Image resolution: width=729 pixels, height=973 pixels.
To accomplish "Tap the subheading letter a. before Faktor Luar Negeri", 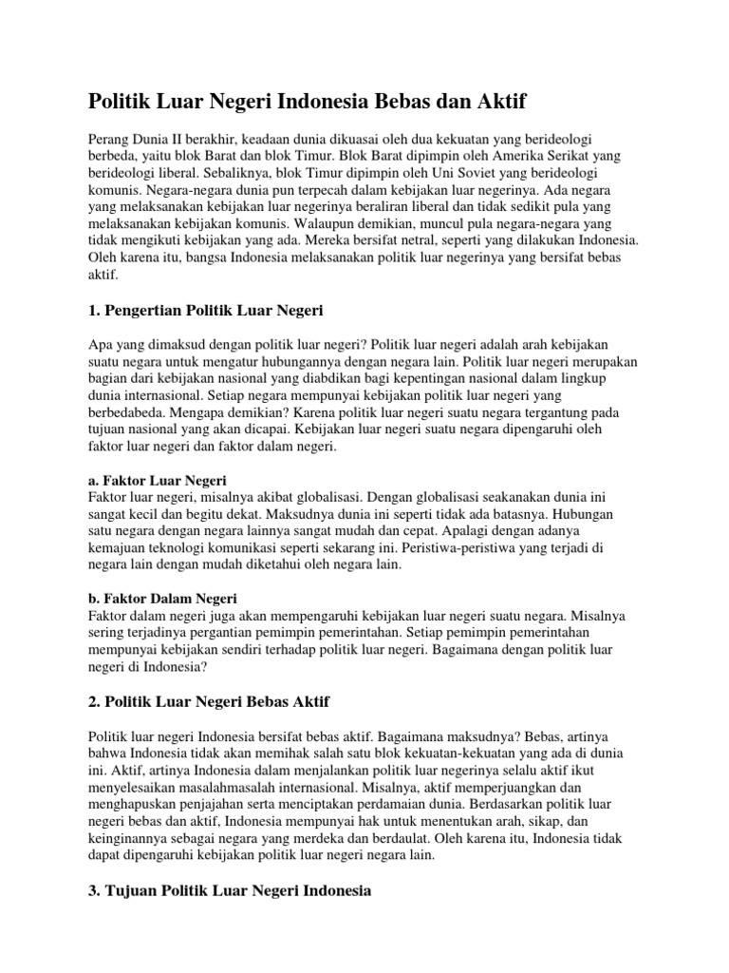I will coord(93,481).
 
